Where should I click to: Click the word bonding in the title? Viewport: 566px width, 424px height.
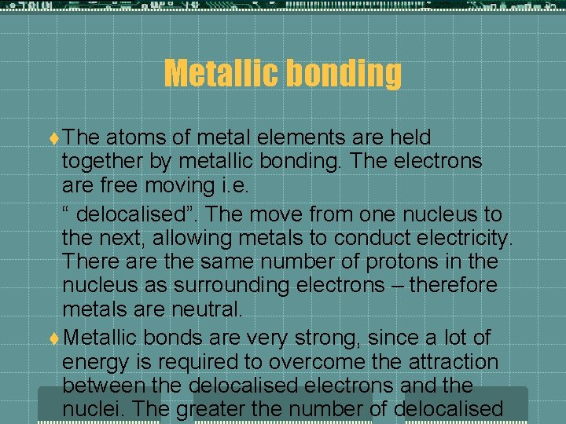(345, 74)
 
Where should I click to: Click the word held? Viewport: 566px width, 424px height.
(411, 137)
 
